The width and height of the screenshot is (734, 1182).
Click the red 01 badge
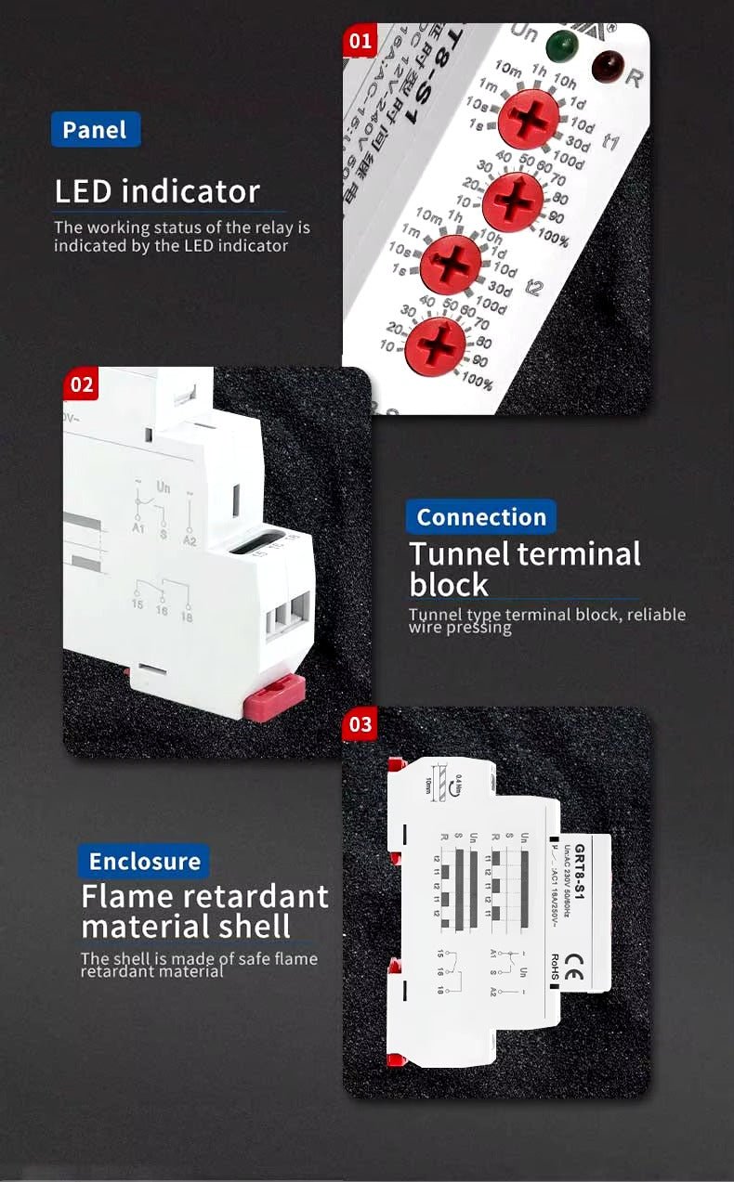pos(360,40)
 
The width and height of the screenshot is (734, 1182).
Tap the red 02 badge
pos(82,383)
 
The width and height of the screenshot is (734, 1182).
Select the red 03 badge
pos(360,724)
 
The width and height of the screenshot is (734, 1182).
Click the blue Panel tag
pos(95,130)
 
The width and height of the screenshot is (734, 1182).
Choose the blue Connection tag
pos(481,517)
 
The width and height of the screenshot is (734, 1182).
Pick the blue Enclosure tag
pos(144,862)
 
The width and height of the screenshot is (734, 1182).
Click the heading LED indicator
pos(157,191)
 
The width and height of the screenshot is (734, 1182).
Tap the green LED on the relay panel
pos(560,44)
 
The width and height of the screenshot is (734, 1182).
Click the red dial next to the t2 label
pos(452,265)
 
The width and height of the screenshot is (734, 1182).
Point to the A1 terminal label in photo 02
pos(139,528)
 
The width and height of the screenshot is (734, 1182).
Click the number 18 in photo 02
pos(188,617)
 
